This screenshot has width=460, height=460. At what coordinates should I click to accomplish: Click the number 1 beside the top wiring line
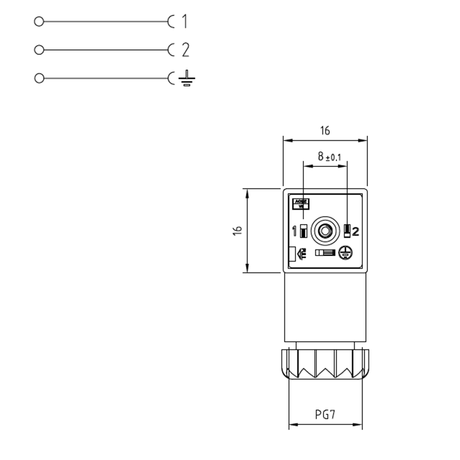coord(184,21)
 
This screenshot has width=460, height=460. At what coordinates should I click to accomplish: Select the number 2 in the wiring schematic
coord(185,50)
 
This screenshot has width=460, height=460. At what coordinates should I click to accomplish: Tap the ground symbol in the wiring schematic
coord(186,79)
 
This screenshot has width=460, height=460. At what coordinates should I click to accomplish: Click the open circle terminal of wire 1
coord(39,21)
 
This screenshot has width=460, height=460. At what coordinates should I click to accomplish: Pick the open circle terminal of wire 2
coord(39,50)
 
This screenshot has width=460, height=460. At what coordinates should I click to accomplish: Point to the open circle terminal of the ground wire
coord(39,78)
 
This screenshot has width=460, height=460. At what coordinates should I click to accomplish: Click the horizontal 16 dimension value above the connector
coord(325,131)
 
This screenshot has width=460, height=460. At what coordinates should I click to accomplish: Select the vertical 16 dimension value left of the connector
coord(237,230)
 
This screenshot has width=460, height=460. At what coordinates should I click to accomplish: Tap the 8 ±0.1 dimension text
coord(328,157)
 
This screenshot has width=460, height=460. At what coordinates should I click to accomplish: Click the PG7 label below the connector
coord(325,414)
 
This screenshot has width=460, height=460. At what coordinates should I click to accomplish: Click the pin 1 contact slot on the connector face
coord(303,230)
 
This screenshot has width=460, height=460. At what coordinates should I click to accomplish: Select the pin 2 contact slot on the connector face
coord(347,230)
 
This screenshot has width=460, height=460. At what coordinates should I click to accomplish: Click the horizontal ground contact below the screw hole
coord(325,253)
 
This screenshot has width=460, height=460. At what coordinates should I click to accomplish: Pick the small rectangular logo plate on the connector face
coord(301,203)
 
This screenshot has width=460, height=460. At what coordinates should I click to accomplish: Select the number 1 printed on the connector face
coord(294,230)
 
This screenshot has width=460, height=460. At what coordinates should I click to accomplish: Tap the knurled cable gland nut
coord(325,364)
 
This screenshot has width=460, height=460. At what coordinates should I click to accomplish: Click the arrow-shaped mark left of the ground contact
coord(301,253)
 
